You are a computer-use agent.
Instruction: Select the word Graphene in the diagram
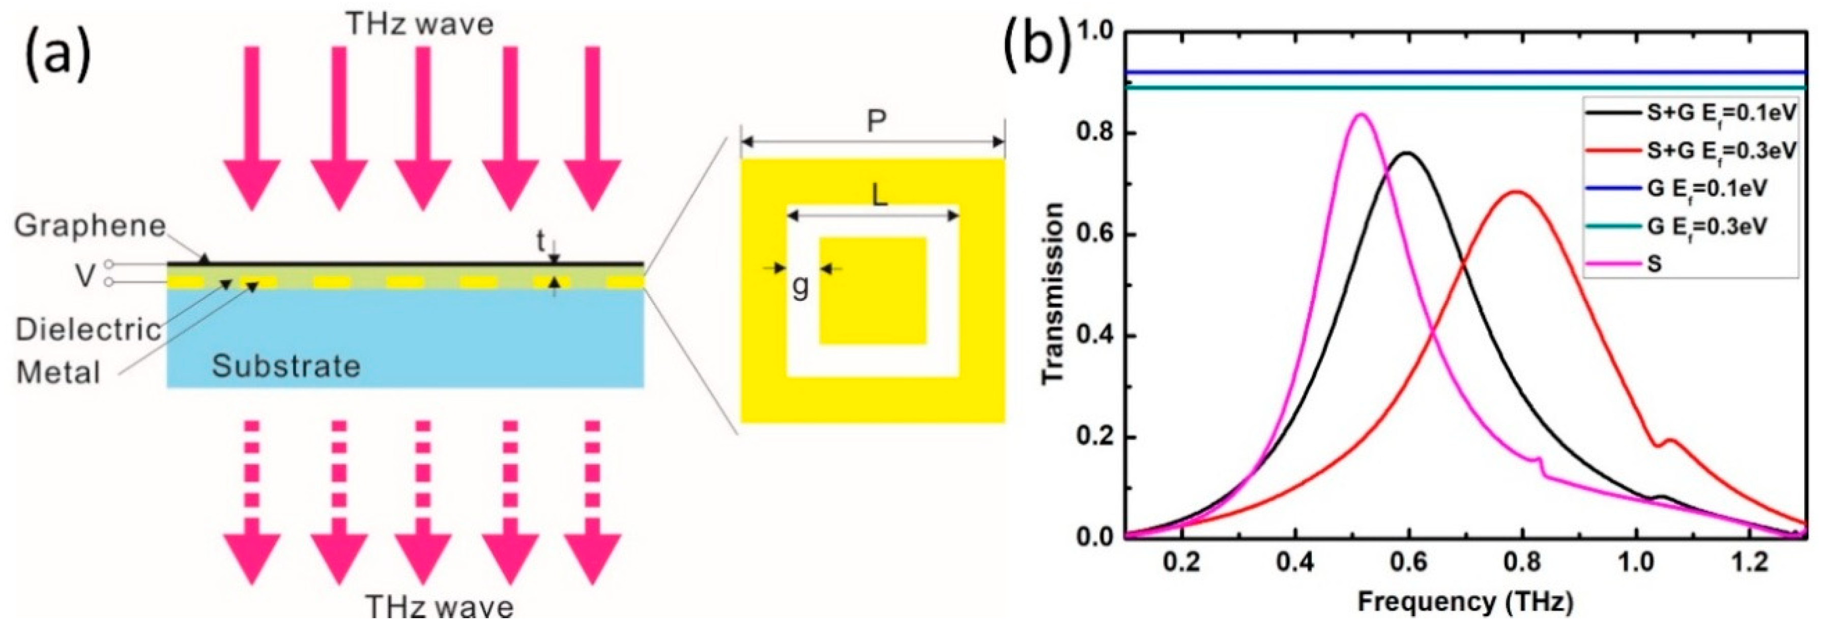click(90, 227)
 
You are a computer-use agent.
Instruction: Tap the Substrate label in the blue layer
click(286, 366)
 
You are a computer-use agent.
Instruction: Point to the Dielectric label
click(89, 330)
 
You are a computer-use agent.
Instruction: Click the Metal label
click(58, 372)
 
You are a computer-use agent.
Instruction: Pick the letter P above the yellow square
click(876, 122)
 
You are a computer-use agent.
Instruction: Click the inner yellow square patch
click(873, 291)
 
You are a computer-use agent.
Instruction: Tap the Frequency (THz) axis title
click(1465, 602)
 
